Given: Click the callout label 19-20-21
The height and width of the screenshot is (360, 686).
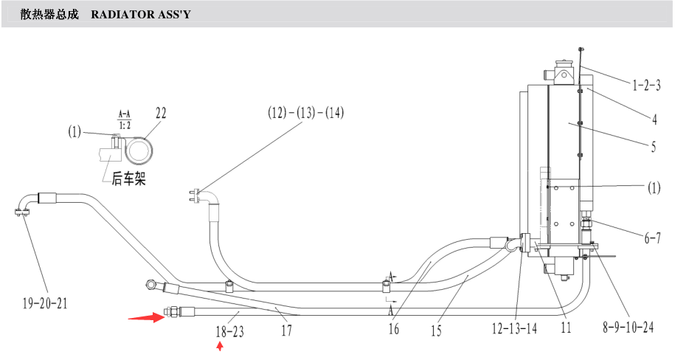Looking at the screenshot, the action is click(x=45, y=302).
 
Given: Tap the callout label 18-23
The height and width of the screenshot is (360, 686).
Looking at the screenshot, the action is click(x=229, y=331).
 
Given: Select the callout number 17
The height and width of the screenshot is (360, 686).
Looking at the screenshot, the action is click(x=286, y=330).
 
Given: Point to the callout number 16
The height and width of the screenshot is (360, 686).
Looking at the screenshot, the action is click(x=394, y=328).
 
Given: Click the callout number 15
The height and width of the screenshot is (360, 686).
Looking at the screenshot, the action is click(x=436, y=330).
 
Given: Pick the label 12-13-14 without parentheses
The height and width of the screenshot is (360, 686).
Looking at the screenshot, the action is click(x=514, y=328).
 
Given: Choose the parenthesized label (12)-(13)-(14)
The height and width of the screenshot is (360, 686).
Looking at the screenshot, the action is click(x=306, y=113).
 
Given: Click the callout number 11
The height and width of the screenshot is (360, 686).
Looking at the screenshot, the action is click(x=566, y=328).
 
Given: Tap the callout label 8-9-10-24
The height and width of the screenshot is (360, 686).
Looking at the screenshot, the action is click(x=628, y=327).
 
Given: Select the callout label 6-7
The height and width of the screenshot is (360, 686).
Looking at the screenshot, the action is click(x=652, y=238).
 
